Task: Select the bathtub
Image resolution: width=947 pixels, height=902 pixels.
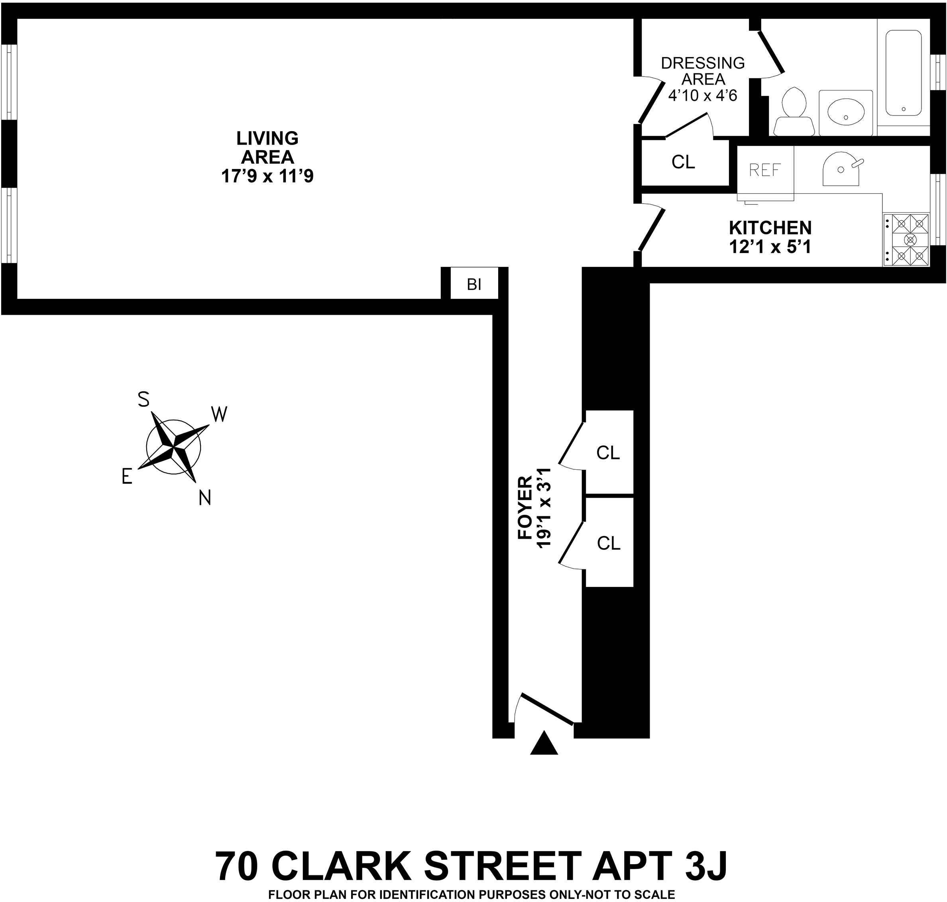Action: [x=903, y=73]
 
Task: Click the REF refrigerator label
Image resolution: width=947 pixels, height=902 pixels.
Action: [x=765, y=170]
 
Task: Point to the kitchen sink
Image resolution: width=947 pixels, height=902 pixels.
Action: [x=841, y=169]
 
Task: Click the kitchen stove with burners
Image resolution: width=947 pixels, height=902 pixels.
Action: [x=906, y=239]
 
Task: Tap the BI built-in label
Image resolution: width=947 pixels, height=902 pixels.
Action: [x=474, y=284]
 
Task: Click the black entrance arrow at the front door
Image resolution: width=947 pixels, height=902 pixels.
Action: [x=544, y=743]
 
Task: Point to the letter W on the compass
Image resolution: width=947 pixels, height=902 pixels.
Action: [x=219, y=414]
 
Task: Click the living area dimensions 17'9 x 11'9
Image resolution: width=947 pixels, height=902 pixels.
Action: [x=267, y=176]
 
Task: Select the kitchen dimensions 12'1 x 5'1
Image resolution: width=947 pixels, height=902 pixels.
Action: [x=770, y=247]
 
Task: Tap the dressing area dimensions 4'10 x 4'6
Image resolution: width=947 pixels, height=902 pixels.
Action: [x=703, y=96]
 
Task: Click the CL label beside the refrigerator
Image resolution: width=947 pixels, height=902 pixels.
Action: [x=683, y=163]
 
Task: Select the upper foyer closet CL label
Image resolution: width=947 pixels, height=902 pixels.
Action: [x=608, y=453]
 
